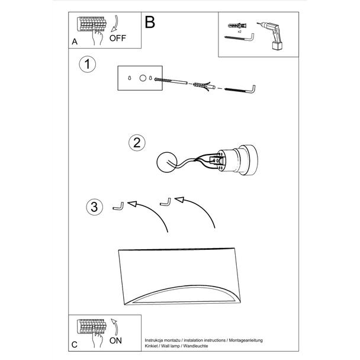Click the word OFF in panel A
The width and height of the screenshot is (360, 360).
point(118,38)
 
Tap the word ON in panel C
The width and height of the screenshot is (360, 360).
point(115,340)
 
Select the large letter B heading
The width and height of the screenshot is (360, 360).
point(150,22)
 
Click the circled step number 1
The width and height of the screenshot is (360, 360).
point(87,65)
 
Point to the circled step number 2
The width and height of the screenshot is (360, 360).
point(137,143)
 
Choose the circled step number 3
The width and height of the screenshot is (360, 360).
point(94,207)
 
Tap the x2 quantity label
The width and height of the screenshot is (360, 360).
point(239,31)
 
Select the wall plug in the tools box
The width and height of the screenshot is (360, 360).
point(238,25)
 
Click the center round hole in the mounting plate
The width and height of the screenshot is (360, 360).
point(143,78)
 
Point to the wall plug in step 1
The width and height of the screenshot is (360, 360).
point(204,86)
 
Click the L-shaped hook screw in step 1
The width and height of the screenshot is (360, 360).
point(240,89)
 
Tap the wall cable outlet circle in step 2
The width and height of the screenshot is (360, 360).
point(167,162)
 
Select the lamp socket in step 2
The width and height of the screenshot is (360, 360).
point(237,160)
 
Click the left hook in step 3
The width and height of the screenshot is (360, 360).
point(118,206)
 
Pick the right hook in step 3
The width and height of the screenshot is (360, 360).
point(165,202)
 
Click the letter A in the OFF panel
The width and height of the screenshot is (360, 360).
point(75,42)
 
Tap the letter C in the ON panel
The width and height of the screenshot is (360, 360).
point(75,345)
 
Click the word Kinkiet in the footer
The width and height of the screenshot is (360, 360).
point(151,346)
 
